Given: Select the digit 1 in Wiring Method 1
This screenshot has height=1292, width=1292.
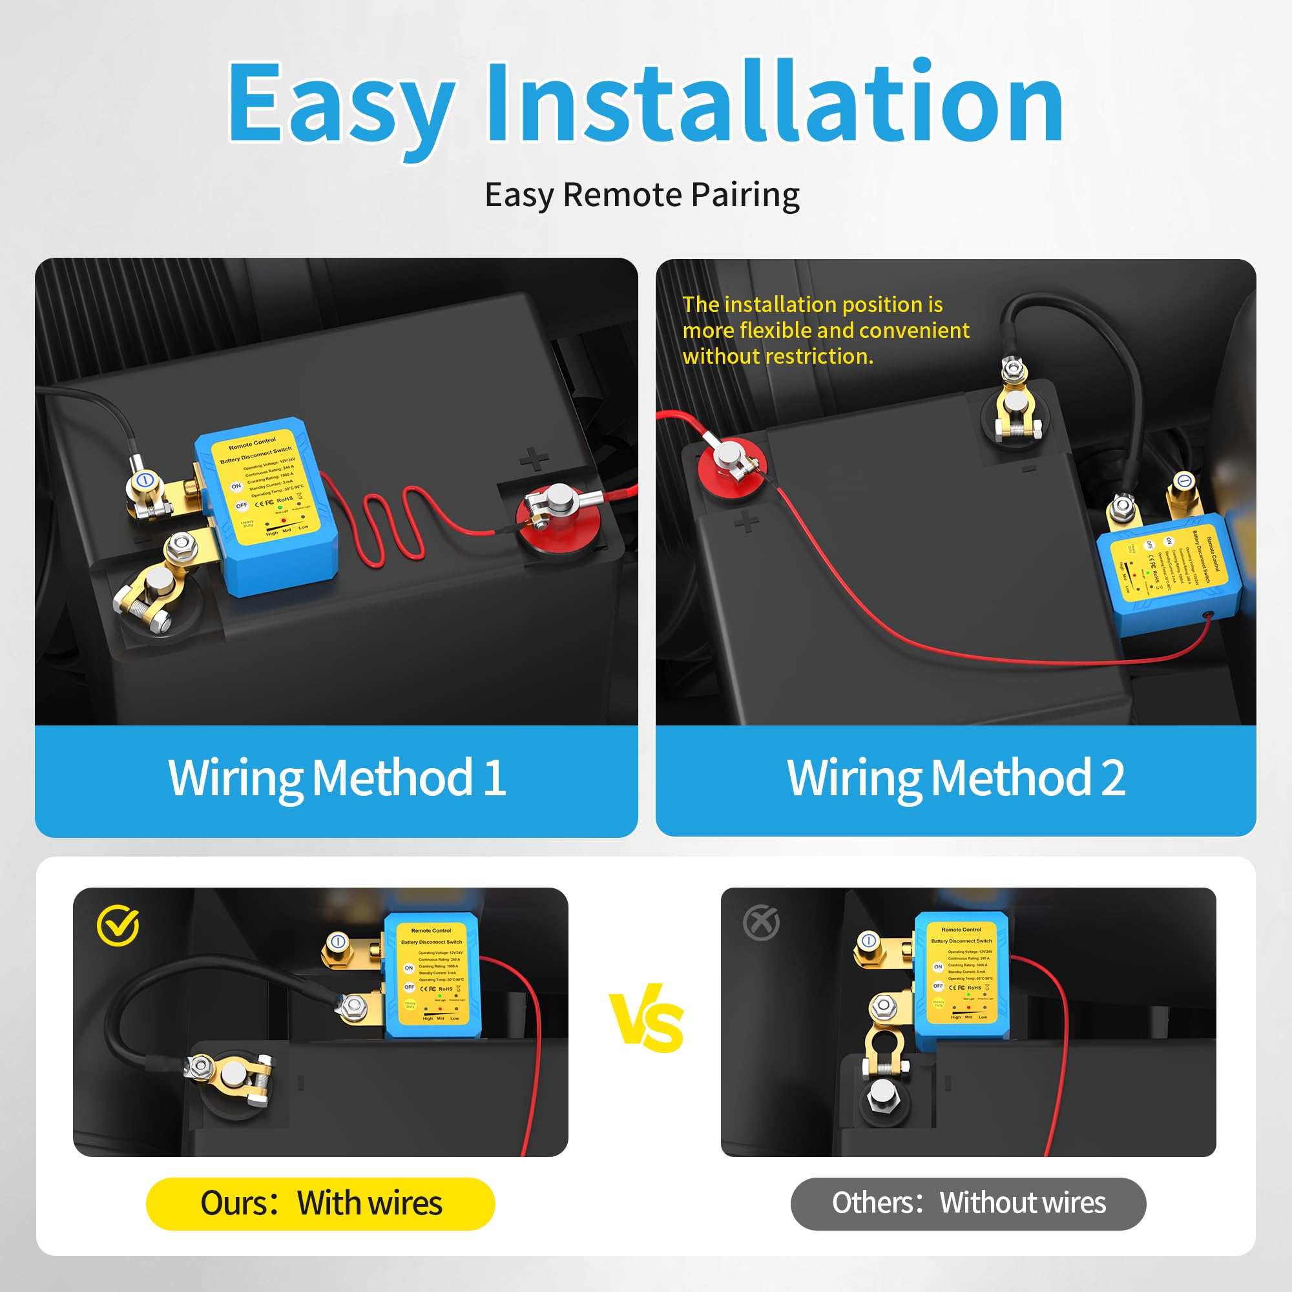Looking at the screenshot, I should pyautogui.click(x=494, y=778).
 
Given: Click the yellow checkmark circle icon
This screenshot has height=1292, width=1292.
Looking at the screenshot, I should pyautogui.click(x=118, y=926).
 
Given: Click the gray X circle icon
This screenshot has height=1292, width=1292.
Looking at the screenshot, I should pyautogui.click(x=761, y=924).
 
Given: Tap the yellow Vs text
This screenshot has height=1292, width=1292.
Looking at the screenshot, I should pyautogui.click(x=646, y=1019).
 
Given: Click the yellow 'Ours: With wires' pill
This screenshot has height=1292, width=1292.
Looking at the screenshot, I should pyautogui.click(x=320, y=1203).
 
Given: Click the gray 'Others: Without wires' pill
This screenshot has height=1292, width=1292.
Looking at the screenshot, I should pyautogui.click(x=968, y=1203).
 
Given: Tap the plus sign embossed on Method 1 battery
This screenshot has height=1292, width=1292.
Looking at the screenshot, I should pyautogui.click(x=534, y=459).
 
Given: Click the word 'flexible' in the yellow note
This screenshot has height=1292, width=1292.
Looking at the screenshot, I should pyautogui.click(x=776, y=330).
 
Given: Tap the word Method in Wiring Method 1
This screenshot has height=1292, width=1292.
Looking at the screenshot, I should pyautogui.click(x=393, y=778).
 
